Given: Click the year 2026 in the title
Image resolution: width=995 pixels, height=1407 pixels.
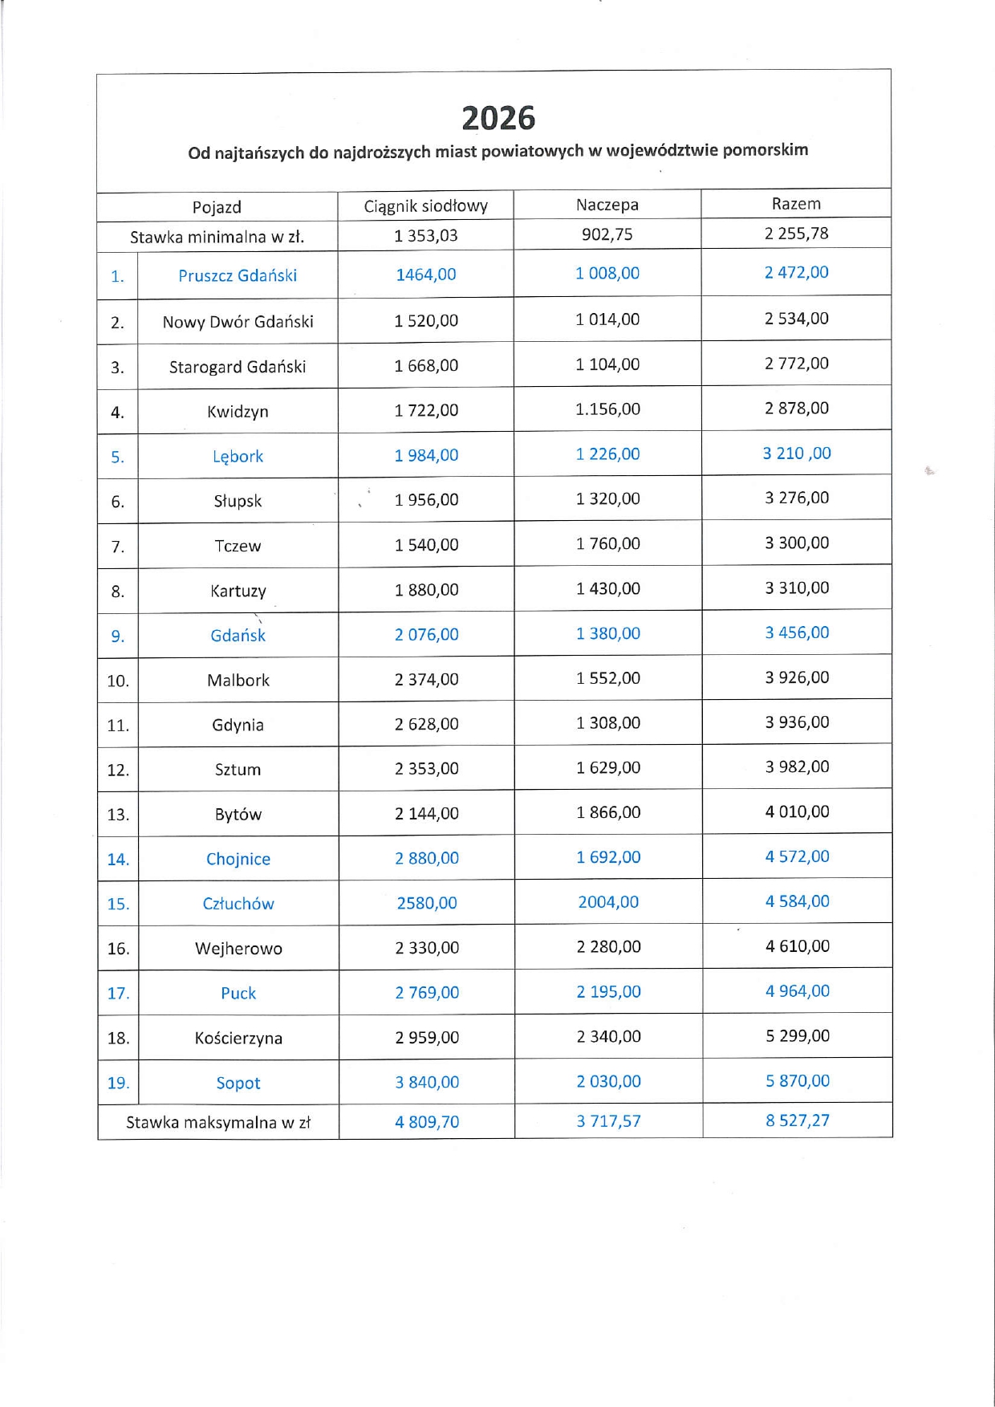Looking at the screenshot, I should (498, 119).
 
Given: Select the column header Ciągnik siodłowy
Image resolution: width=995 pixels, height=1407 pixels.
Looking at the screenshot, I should (425, 206).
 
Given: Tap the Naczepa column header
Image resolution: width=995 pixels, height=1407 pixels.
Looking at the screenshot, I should (607, 205).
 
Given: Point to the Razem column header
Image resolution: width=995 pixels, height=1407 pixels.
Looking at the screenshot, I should (796, 204).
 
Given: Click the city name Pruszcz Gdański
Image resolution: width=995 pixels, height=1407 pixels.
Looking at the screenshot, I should (238, 275).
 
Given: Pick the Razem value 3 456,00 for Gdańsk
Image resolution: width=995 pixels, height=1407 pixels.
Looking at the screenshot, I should (797, 632).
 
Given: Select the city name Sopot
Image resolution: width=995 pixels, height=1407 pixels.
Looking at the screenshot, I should (238, 1083).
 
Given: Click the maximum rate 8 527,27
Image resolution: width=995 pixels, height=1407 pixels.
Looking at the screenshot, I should (797, 1120).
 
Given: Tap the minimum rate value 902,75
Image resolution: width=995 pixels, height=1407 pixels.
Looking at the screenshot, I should (607, 234).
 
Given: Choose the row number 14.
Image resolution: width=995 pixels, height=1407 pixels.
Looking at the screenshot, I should (118, 860).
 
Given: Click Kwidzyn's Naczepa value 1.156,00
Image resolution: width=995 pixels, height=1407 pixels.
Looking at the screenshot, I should (607, 409).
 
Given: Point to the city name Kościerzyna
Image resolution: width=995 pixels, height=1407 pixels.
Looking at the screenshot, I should (238, 1038).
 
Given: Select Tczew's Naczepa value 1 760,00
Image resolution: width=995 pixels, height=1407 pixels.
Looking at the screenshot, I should (608, 543).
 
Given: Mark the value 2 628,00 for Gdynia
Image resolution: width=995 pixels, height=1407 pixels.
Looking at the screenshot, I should (426, 724).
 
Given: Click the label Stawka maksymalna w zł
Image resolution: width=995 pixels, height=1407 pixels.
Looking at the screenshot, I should (218, 1122).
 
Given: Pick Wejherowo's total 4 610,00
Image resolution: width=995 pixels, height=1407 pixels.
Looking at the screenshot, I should (798, 946).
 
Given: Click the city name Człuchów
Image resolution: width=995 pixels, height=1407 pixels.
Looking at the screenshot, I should (238, 904).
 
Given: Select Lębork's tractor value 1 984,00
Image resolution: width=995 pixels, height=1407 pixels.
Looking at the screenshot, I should (426, 455).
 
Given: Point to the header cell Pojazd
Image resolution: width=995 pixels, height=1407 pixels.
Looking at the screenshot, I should (217, 207).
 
